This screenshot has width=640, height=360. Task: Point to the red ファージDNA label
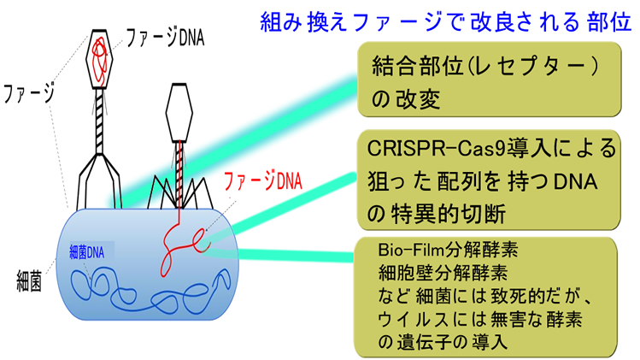[x=260, y=181]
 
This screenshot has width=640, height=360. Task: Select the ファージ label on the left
[x=30, y=90]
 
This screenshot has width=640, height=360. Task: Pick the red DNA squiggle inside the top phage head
[x=100, y=55]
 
